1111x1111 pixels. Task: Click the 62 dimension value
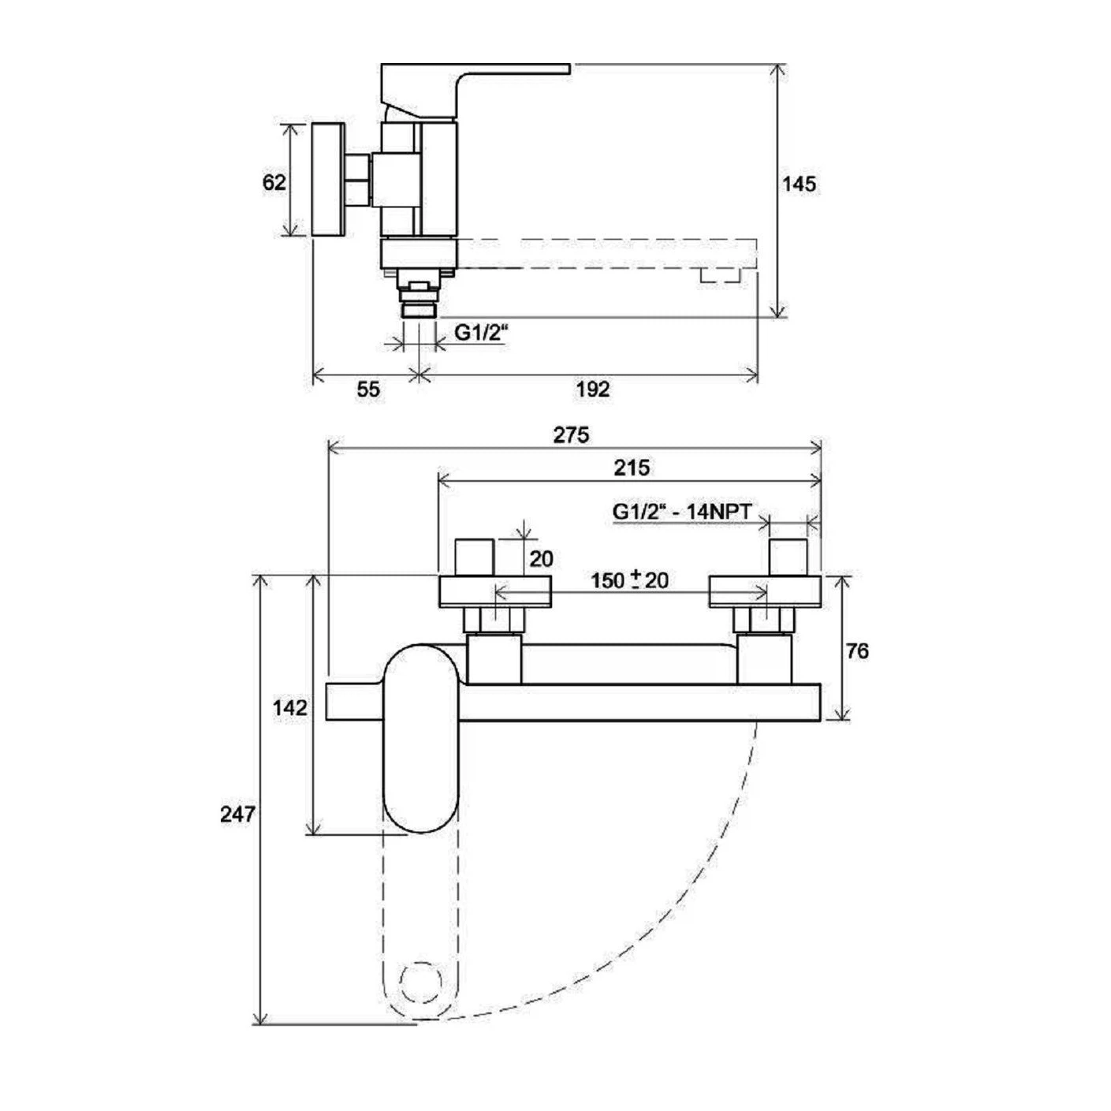pos(274,183)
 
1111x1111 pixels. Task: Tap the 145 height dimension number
pos(799,185)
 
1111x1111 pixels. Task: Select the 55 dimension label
pos(368,390)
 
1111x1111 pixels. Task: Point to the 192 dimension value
pos(593,390)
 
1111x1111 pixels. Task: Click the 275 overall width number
pos(572,435)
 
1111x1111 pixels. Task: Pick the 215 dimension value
pos(631,467)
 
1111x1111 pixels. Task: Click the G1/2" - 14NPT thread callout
pos(683,512)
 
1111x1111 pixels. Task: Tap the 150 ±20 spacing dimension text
pos(629,580)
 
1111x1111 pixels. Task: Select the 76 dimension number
pos(857,651)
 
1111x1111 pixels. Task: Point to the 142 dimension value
pos(290,708)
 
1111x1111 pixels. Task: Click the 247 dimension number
pos(237,814)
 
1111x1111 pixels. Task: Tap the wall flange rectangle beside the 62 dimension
pos(329,179)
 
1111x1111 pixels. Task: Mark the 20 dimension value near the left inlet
pos(541,558)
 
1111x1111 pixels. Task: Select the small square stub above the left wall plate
pos(475,557)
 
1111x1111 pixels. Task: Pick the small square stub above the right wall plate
pos(789,557)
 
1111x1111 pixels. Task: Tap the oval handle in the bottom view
pos(421,738)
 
